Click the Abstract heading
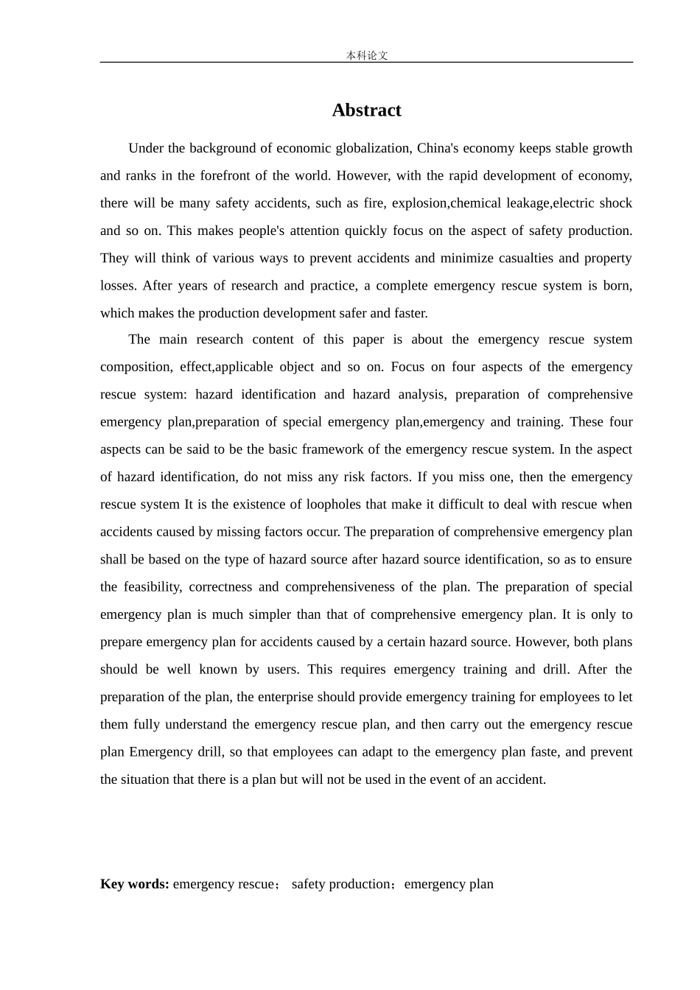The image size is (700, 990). (366, 110)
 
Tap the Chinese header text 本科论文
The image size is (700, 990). (366, 55)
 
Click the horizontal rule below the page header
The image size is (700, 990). (366, 63)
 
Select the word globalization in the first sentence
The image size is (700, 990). (374, 148)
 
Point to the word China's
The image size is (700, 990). (438, 148)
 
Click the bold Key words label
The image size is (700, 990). (135, 884)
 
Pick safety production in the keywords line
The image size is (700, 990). (341, 884)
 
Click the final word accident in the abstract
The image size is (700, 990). (521, 779)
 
